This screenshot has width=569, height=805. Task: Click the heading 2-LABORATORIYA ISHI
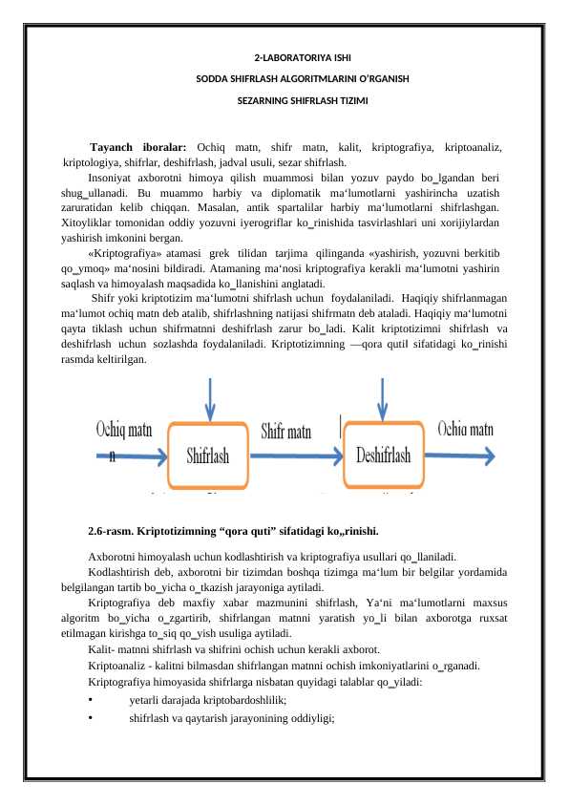point(284,57)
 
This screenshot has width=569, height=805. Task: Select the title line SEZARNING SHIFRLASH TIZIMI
point(284,99)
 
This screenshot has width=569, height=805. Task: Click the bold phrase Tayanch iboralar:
point(138,147)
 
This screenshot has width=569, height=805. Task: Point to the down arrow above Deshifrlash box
point(382,399)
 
